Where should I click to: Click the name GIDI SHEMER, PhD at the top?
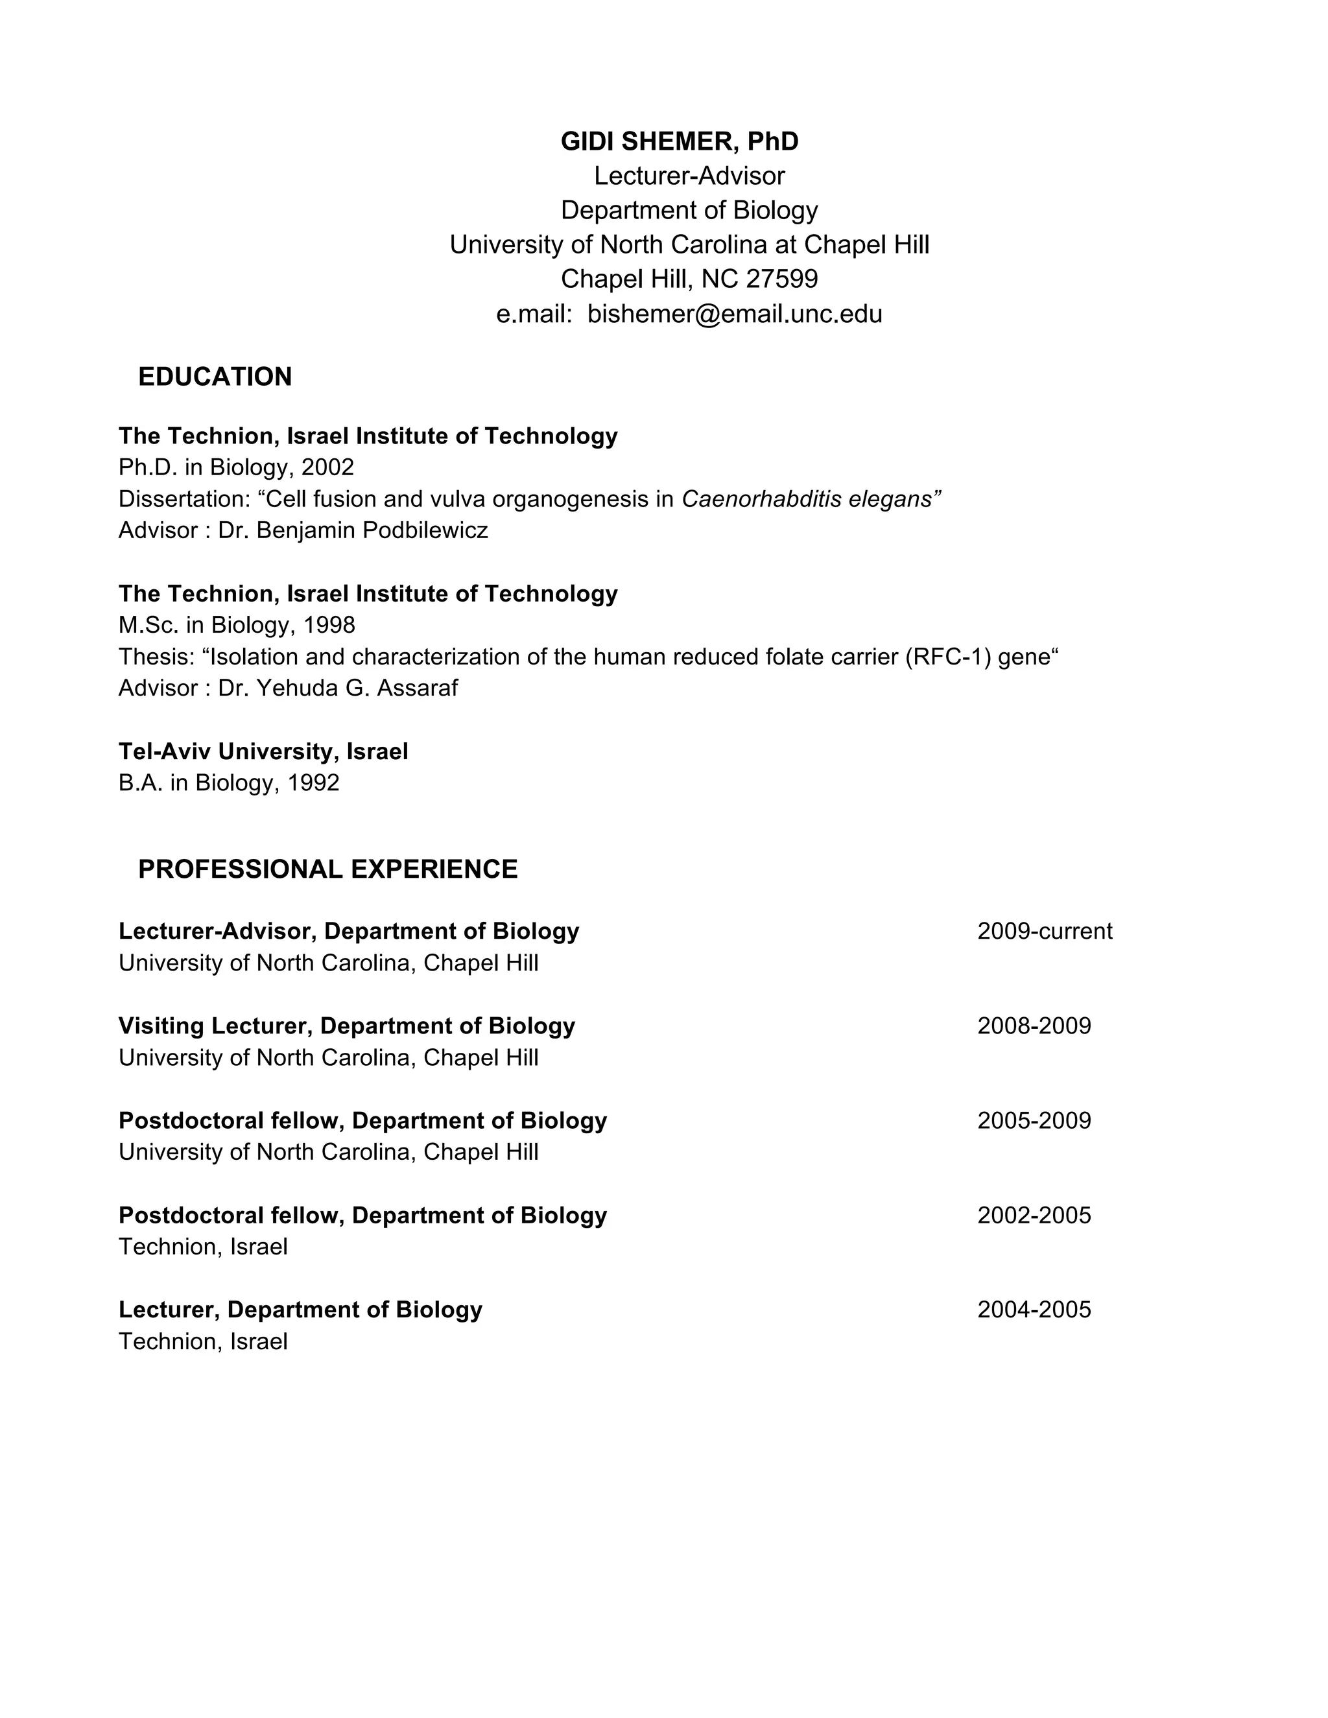(679, 141)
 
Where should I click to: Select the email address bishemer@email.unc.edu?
(734, 314)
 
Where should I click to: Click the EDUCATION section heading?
(215, 377)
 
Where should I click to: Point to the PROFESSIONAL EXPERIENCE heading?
(327, 869)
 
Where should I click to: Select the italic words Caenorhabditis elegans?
(811, 499)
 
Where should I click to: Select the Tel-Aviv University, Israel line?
(263, 752)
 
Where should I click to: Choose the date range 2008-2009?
(1034, 1026)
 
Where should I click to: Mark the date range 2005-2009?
(1034, 1121)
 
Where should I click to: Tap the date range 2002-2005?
(1034, 1216)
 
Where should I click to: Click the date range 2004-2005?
(1034, 1310)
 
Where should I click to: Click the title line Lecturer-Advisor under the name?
(689, 176)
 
